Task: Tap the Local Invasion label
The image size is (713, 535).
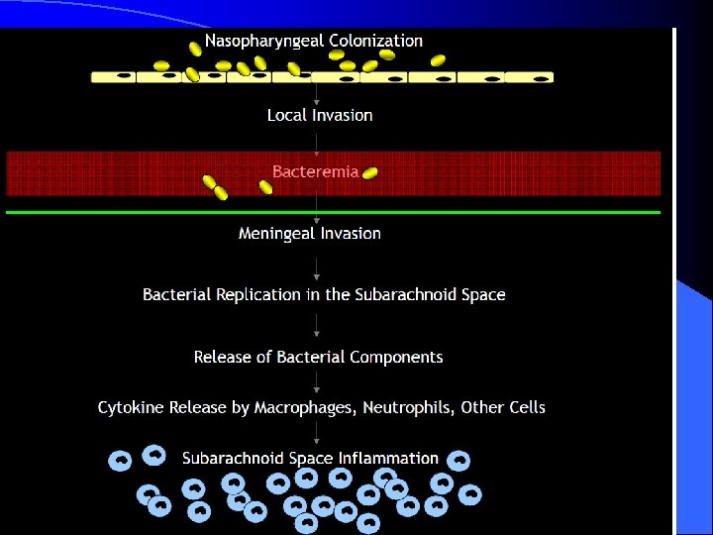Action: [320, 115]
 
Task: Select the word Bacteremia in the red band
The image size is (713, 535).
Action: [315, 171]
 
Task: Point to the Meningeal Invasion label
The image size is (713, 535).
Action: [310, 234]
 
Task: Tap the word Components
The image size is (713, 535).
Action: [396, 357]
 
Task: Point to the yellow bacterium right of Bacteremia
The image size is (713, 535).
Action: [370, 173]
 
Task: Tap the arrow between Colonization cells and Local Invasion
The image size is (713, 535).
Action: [316, 95]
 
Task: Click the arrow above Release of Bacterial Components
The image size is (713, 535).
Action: [316, 327]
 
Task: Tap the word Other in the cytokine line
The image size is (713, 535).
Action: [495, 407]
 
